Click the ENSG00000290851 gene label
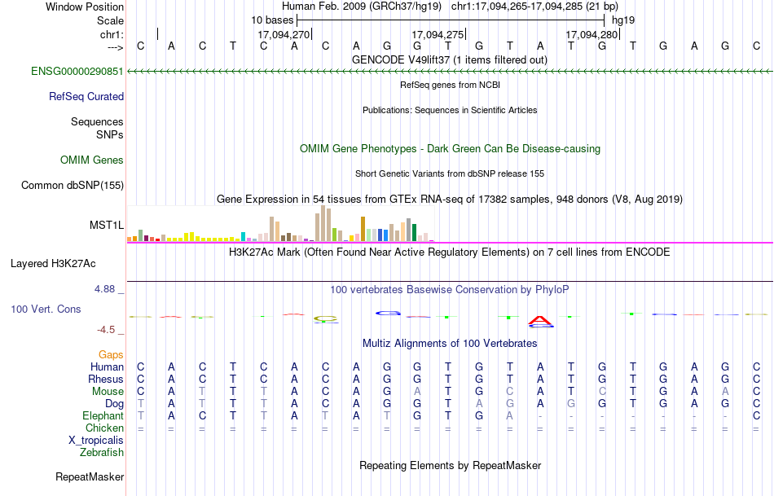pyautogui.click(x=77, y=72)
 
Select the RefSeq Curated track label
pyautogui.click(x=86, y=96)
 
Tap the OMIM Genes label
pyautogui.click(x=92, y=160)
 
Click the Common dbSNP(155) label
pyautogui.click(x=73, y=185)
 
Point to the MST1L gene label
pyautogui.click(x=107, y=225)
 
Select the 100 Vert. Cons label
pyautogui.click(x=46, y=309)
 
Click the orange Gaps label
pyautogui.click(x=111, y=354)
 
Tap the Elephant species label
pyautogui.click(x=103, y=415)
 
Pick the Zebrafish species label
pyautogui.click(x=103, y=452)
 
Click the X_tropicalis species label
pyautogui.click(x=96, y=440)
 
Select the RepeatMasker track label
pyautogui.click(x=90, y=476)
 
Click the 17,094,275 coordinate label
pyautogui.click(x=438, y=35)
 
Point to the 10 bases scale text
pyautogui.click(x=272, y=20)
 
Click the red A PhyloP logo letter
pyautogui.click(x=540, y=320)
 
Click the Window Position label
pyautogui.click(x=85, y=7)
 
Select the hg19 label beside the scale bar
pyautogui.click(x=623, y=20)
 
